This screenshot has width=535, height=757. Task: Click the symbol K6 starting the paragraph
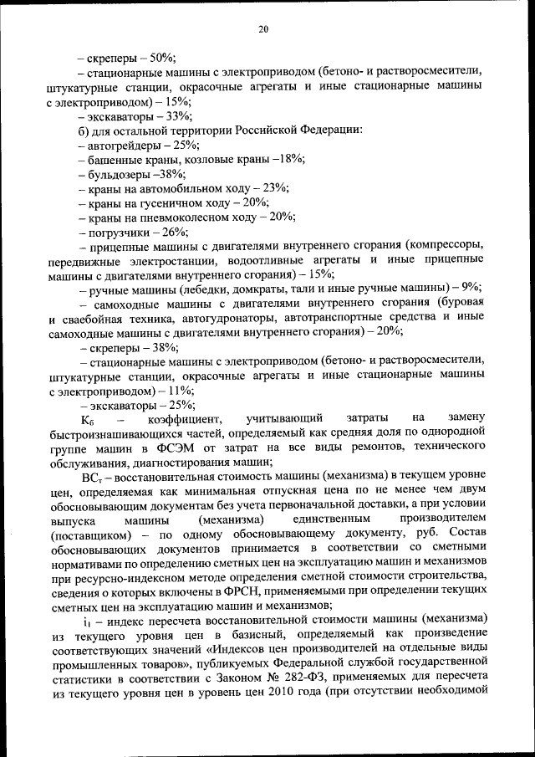tap(89, 419)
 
